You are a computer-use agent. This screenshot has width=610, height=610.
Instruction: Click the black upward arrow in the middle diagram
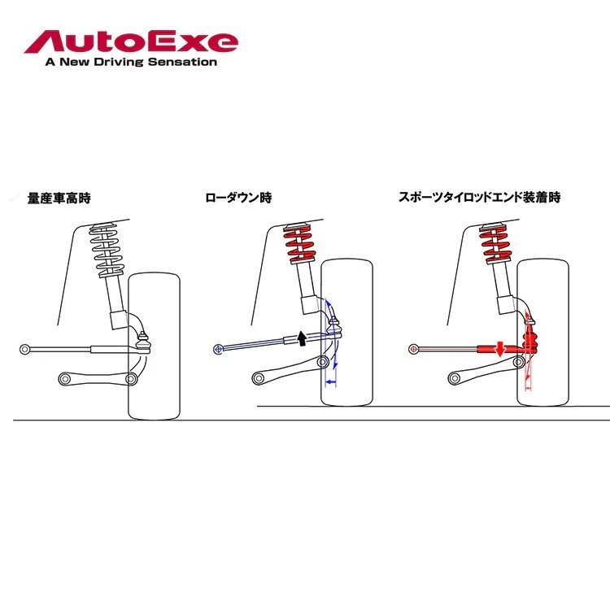tap(301, 338)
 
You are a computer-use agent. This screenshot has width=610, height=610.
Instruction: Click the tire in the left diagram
tap(155, 346)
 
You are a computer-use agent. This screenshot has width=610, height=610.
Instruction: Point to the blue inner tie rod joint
tap(218, 349)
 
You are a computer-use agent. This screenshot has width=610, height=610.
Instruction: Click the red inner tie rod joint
tap(415, 349)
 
